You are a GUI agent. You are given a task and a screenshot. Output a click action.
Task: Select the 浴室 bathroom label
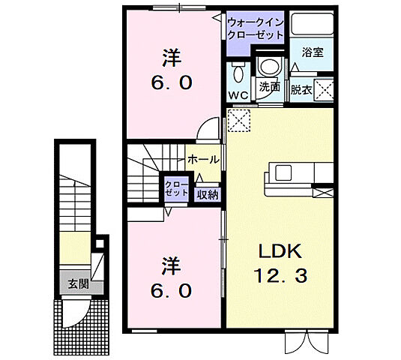point(313,52)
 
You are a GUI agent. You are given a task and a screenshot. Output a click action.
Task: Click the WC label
point(239,96)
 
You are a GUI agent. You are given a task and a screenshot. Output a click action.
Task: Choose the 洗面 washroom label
point(270,88)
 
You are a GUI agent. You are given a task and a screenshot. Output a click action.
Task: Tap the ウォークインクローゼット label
point(255,28)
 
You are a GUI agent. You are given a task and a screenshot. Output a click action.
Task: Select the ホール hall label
point(203,160)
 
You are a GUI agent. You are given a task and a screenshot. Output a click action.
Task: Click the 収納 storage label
point(208,194)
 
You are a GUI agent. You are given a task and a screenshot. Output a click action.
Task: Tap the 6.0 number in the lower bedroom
point(172,289)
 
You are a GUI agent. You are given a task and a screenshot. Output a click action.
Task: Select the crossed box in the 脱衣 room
point(325,87)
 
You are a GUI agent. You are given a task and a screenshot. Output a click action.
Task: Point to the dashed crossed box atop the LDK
point(239,119)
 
